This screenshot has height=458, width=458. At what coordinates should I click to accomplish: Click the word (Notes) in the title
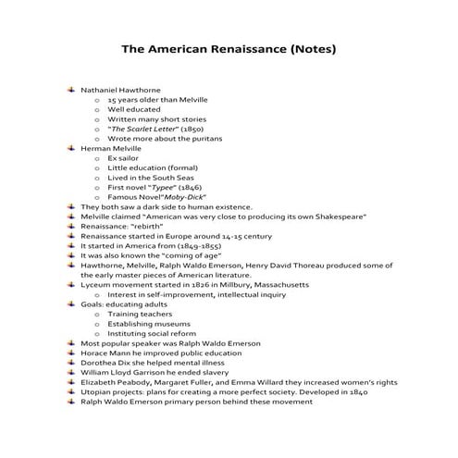pos(309,47)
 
